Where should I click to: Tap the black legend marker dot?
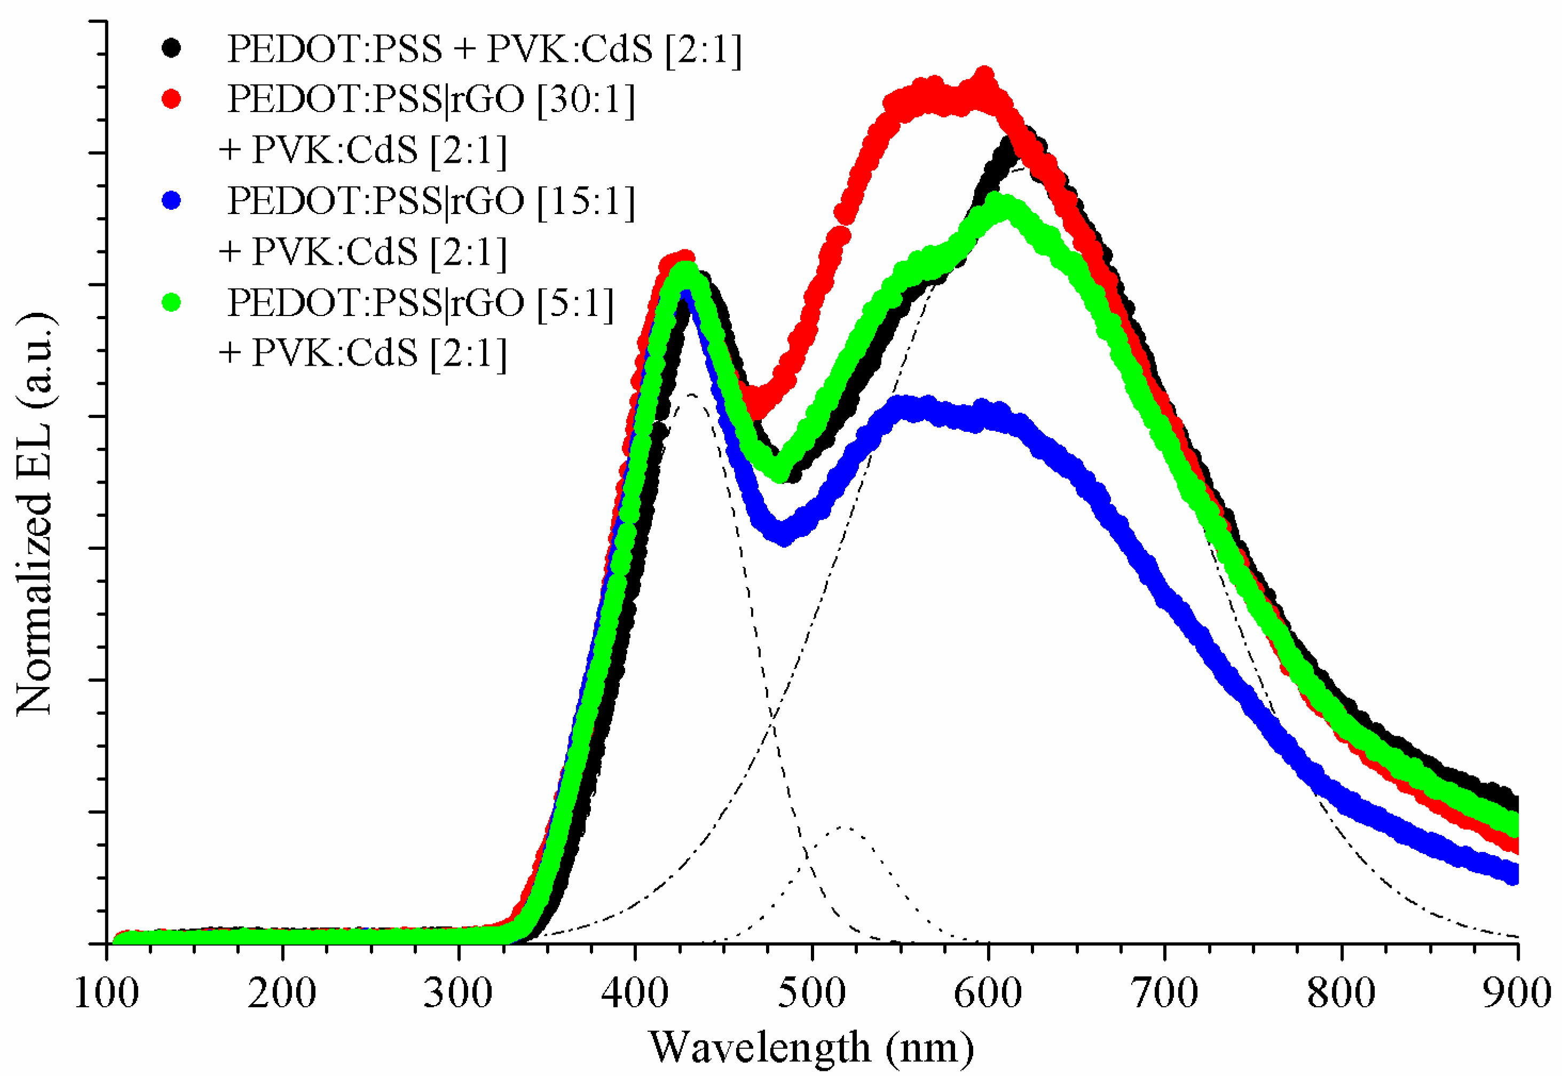pyautogui.click(x=171, y=48)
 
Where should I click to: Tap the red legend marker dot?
pyautogui.click(x=171, y=99)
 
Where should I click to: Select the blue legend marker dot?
pyautogui.click(x=171, y=201)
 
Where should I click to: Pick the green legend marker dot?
pyautogui.click(x=171, y=302)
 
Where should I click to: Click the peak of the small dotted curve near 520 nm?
pyautogui.click(x=843, y=827)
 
